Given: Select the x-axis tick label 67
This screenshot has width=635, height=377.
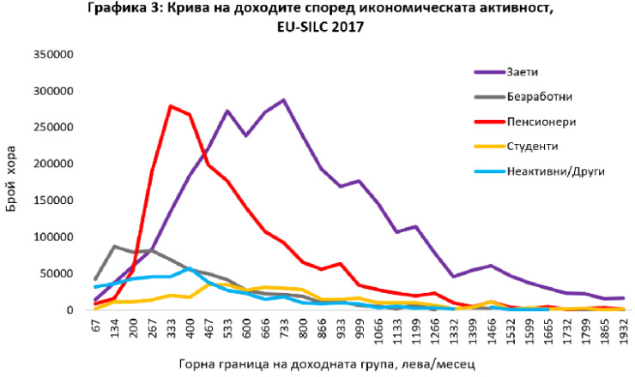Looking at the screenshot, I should click(96, 326).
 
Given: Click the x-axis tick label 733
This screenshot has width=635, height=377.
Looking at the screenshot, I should click(283, 328).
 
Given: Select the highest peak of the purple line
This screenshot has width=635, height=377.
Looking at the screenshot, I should click(282, 100).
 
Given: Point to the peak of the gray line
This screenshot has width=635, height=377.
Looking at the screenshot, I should click(114, 246).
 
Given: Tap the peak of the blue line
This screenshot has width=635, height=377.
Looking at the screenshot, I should click(190, 268).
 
